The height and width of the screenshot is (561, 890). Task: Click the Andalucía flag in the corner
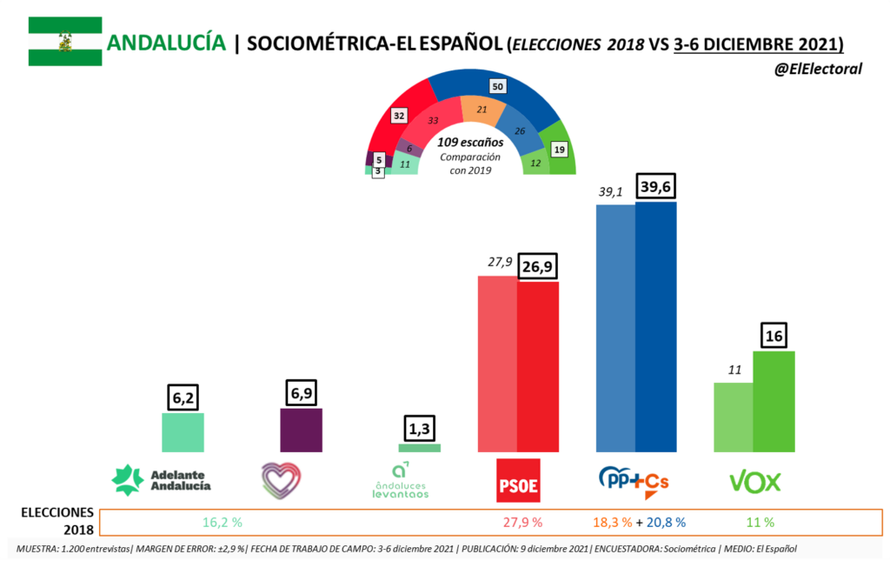point(65,42)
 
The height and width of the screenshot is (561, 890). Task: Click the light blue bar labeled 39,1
point(615,329)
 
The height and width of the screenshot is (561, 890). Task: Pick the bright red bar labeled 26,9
point(538,366)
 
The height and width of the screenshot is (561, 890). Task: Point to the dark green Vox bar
point(774,401)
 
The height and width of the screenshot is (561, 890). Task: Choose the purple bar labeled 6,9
point(302,430)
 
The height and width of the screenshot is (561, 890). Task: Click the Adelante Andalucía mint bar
point(183,431)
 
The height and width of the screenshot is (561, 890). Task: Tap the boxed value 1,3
point(420,430)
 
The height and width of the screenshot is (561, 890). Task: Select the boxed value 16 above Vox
point(774,337)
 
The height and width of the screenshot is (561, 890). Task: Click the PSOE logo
point(518,480)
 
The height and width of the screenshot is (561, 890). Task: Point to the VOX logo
point(754,481)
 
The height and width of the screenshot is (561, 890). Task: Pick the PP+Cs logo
point(634,481)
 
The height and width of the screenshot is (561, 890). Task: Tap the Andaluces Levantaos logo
point(399,481)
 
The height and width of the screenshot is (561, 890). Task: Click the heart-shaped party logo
point(281,479)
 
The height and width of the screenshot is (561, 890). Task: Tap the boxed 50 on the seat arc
point(497,86)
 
